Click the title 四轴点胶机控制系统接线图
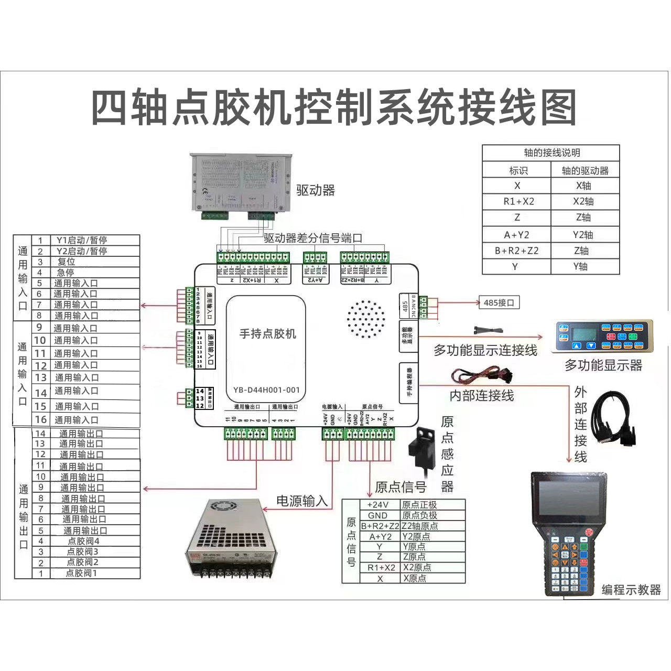click(x=334, y=107)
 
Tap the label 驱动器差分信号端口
click(x=313, y=238)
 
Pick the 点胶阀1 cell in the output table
click(x=81, y=573)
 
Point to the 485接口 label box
click(x=499, y=302)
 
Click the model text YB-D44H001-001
click(x=267, y=389)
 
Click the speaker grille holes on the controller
click(x=365, y=319)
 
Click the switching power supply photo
click(x=229, y=540)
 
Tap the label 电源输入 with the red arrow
click(x=302, y=501)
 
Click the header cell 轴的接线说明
click(x=551, y=153)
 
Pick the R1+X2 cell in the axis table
click(x=517, y=201)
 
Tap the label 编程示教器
click(x=631, y=590)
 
